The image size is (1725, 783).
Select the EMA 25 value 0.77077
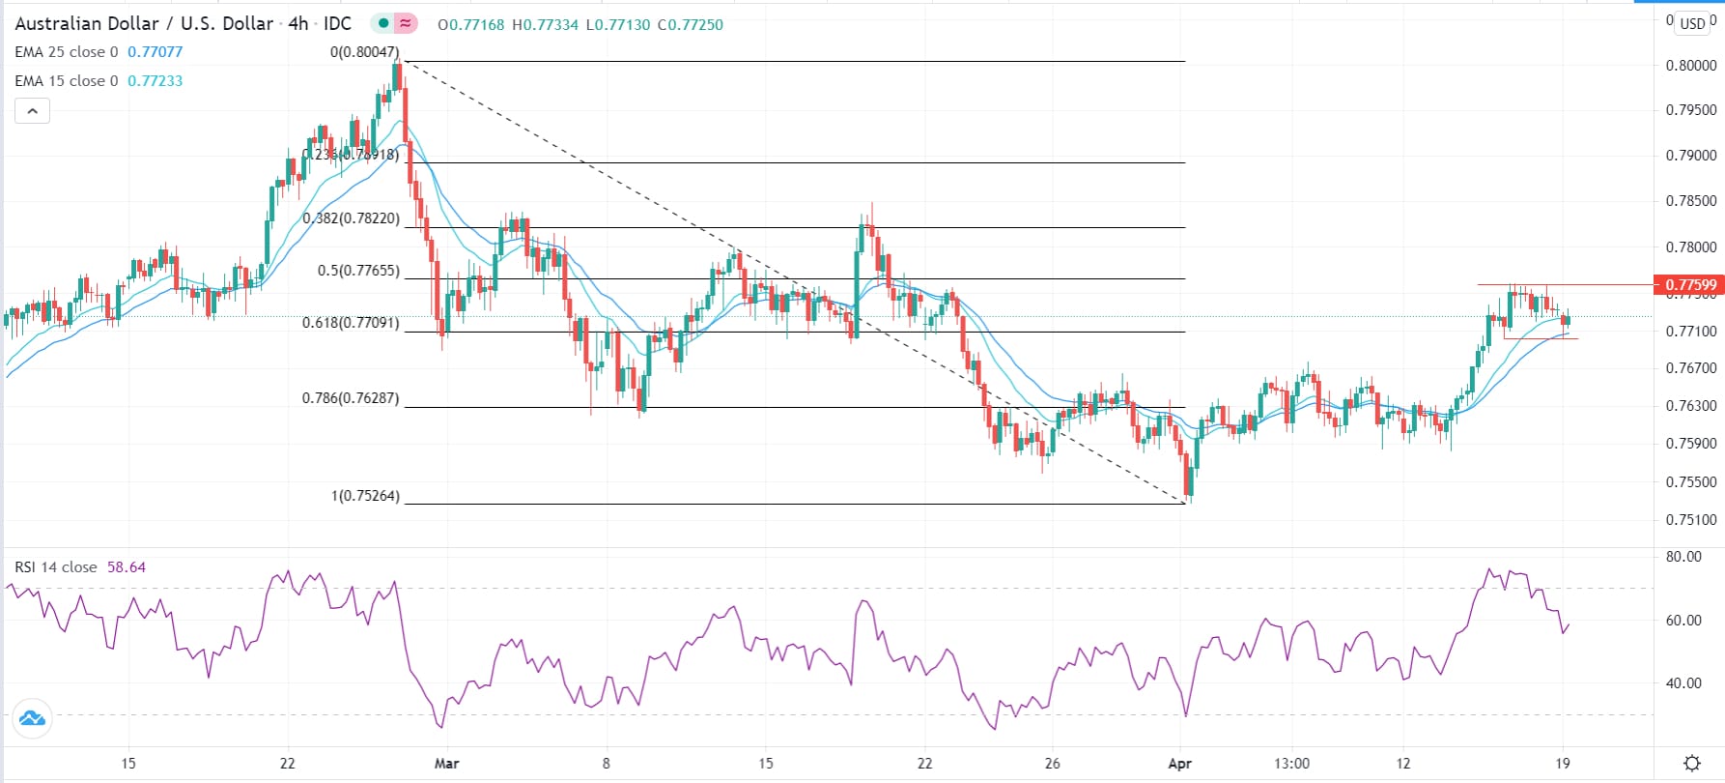pyautogui.click(x=155, y=52)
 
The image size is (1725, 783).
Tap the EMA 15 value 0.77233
pyautogui.click(x=155, y=81)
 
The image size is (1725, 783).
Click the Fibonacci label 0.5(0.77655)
pyautogui.click(x=358, y=271)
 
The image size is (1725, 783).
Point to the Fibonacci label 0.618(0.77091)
pyautogui.click(x=351, y=323)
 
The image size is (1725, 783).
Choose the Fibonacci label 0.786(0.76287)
pyautogui.click(x=351, y=398)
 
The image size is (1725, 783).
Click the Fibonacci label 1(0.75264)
pyautogui.click(x=365, y=496)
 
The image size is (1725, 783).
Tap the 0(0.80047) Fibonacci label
pyautogui.click(x=364, y=52)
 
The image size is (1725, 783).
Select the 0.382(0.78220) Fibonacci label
pyautogui.click(x=351, y=218)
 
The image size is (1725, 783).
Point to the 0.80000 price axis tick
pyautogui.click(x=1691, y=66)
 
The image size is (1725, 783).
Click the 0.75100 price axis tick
pyautogui.click(x=1691, y=520)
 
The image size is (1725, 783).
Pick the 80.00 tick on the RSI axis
pyautogui.click(x=1683, y=557)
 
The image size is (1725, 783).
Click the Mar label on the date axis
pyautogui.click(x=446, y=764)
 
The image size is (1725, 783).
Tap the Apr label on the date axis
pyautogui.click(x=1179, y=764)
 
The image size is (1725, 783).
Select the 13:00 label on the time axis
pyautogui.click(x=1291, y=764)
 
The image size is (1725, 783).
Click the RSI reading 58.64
pyautogui.click(x=127, y=567)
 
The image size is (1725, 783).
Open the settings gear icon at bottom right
pyautogui.click(x=1691, y=764)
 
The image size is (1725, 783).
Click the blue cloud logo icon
pyautogui.click(x=32, y=718)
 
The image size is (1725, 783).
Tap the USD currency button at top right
pyautogui.click(x=1692, y=23)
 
